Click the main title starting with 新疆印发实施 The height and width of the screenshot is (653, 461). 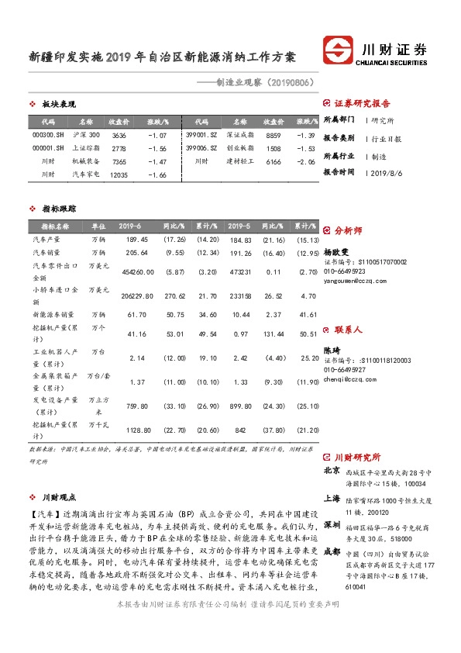point(163,57)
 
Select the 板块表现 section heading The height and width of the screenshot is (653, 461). point(58,104)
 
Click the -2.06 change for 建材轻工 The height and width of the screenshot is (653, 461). point(307,161)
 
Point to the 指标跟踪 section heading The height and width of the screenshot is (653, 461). point(58,209)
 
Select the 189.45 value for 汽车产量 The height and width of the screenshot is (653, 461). point(136,240)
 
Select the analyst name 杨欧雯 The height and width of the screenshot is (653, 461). point(337,252)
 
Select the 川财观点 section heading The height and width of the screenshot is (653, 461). point(58,497)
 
